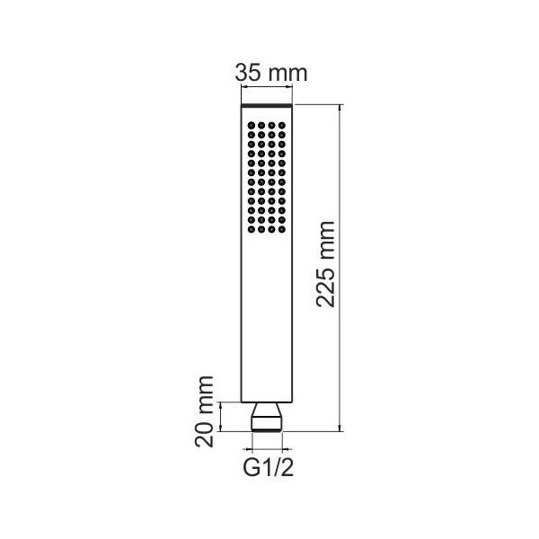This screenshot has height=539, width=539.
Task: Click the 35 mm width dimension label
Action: coord(271,74)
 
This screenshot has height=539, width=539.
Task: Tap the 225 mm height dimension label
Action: coord(325,264)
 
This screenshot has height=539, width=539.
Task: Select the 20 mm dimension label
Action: coord(204,411)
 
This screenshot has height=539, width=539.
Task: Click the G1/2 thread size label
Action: coord(269,466)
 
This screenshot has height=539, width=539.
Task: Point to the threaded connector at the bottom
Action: coord(267,424)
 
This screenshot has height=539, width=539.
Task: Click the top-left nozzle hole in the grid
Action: coord(252,126)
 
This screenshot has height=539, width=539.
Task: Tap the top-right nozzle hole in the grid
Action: coord(282,126)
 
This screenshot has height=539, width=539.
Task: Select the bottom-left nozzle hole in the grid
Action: coord(252,229)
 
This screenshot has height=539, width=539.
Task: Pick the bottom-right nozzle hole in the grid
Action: coord(282,229)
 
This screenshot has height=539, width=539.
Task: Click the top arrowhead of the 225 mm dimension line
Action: coord(340,108)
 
